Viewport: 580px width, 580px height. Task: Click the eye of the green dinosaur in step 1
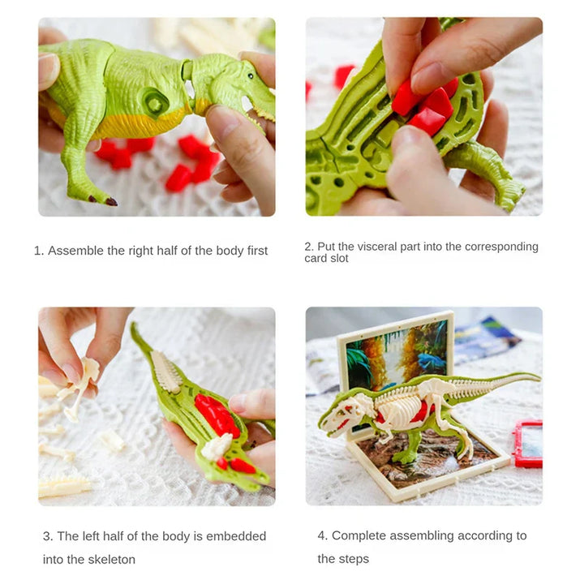tap(251, 76)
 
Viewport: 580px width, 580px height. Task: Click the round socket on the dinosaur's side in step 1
tap(155, 101)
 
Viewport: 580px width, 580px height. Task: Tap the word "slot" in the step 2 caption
tap(340, 258)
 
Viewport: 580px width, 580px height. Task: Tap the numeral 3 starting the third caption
tap(46, 536)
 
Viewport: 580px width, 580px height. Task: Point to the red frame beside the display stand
tap(528, 444)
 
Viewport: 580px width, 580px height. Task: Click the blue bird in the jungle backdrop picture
tap(432, 361)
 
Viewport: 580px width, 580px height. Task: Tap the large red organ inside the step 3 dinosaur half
tap(217, 415)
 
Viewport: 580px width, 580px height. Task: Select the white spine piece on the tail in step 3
tap(165, 372)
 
